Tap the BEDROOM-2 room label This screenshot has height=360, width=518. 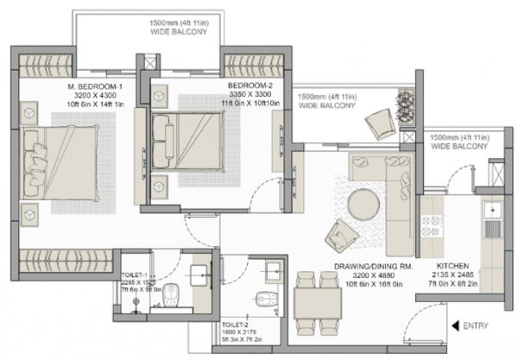(x=252, y=86)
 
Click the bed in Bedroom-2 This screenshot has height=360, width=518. (x=185, y=136)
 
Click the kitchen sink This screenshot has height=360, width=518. (x=493, y=211)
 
